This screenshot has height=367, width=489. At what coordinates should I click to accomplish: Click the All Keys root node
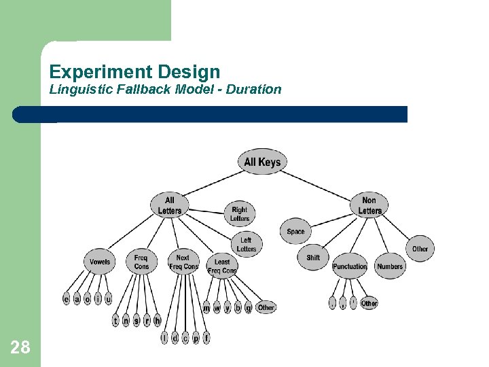[x=262, y=162]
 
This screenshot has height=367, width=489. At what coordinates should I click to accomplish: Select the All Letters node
[x=170, y=205]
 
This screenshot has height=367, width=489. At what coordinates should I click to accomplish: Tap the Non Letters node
[x=369, y=205]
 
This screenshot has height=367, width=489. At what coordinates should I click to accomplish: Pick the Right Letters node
[x=240, y=214]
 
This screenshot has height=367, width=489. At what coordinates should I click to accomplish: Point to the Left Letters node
[x=246, y=245]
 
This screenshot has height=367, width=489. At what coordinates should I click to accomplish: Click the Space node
[x=295, y=232]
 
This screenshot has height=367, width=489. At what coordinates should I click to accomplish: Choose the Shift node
[x=313, y=258]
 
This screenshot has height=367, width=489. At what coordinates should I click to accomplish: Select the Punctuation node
[x=350, y=266]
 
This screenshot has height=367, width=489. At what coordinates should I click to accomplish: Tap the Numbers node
[x=390, y=266]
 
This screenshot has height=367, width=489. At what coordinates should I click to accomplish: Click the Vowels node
[x=100, y=262]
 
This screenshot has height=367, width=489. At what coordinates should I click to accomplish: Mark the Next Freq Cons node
[x=183, y=262]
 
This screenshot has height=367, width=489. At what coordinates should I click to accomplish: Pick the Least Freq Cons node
[x=222, y=266]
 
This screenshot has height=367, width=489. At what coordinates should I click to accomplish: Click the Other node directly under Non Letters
[x=420, y=249]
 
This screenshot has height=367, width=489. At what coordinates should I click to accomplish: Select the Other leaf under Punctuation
[x=369, y=303]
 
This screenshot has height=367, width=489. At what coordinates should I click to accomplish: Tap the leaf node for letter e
[x=67, y=299]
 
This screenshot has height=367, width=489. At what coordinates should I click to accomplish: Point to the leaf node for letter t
[x=115, y=320]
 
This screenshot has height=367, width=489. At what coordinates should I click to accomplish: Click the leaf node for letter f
[x=206, y=337]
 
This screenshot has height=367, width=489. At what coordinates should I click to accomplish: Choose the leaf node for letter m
[x=206, y=308]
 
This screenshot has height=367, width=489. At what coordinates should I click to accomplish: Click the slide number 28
[x=20, y=348]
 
